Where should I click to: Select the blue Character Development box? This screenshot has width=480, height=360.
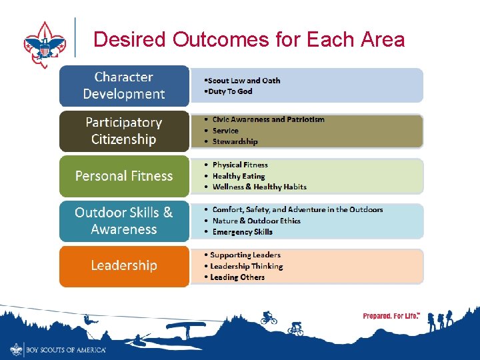tap(124, 85)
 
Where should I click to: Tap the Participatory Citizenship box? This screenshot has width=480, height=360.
tap(124, 131)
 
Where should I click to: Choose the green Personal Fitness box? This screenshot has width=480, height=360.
tap(124, 176)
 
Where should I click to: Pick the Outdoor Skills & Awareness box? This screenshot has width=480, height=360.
tap(124, 221)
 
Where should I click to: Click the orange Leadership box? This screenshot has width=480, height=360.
tap(124, 265)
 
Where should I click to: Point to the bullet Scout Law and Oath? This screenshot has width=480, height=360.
tap(243, 81)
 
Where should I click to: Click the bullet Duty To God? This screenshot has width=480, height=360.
tap(229, 91)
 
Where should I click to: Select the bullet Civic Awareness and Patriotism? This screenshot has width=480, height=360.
tap(268, 119)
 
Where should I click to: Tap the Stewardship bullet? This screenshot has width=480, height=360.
tap(235, 141)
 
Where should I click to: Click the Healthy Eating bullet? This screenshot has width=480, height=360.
tap(238, 176)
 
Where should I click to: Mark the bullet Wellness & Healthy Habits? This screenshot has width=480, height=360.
tap(259, 187)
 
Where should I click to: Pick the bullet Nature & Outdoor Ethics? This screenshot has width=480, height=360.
tap(256, 221)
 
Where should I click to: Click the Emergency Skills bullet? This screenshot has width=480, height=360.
tap(242, 232)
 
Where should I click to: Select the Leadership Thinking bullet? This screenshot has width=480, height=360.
tap(246, 266)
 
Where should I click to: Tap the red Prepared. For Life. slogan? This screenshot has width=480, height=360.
tap(391, 316)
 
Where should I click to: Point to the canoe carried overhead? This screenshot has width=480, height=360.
tap(185, 327)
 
